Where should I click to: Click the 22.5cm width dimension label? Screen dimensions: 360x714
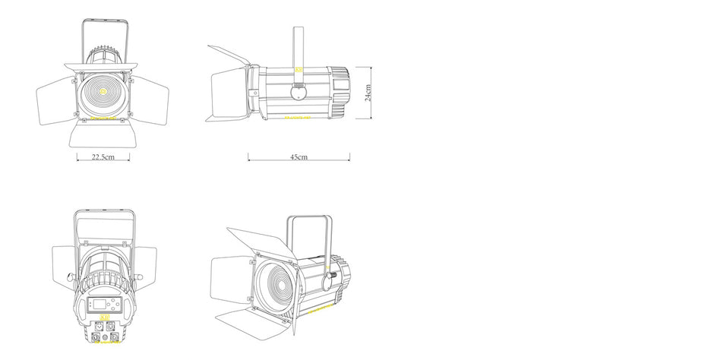pos(103,157)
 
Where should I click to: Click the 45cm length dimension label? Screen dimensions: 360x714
pos(299,157)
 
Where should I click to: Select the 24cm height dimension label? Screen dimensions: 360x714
pos(368,93)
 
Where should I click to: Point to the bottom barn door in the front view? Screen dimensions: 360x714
pos(103,135)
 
